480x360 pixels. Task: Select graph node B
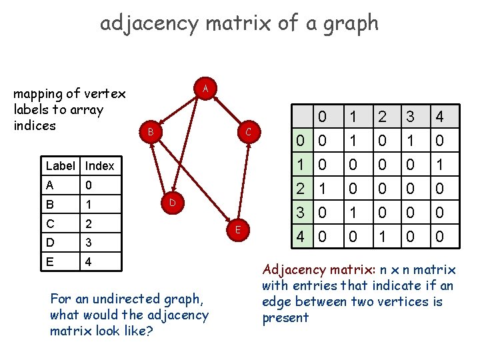pyautogui.click(x=151, y=132)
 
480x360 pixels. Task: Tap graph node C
pyautogui.click(x=247, y=132)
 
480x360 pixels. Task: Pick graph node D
pyautogui.click(x=171, y=201)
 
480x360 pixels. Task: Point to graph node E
pyautogui.click(x=237, y=230)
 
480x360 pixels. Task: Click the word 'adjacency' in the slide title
pyautogui.click(x=149, y=23)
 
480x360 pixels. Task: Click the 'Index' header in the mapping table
pyautogui.click(x=100, y=166)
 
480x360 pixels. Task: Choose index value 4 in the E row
pyautogui.click(x=89, y=261)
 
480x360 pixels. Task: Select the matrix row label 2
pyautogui.click(x=301, y=189)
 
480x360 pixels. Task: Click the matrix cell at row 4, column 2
pyautogui.click(x=381, y=237)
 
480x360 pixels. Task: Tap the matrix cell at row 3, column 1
pyautogui.click(x=352, y=213)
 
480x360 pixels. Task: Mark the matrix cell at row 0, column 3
pyautogui.click(x=411, y=141)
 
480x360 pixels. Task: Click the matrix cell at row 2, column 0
pyautogui.click(x=323, y=189)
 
